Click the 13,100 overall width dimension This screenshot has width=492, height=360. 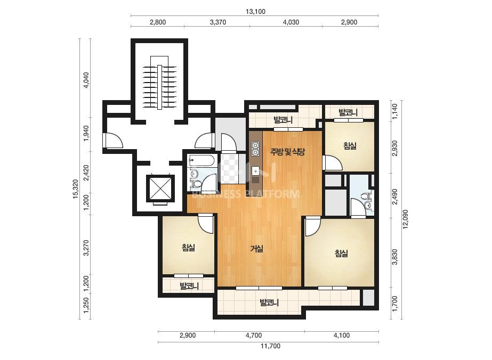pos(255,12)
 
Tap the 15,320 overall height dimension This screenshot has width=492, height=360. pos(75,189)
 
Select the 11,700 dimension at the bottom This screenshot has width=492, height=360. pos(270,346)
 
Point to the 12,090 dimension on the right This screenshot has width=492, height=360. pos(406,219)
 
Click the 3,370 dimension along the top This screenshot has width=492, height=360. pos(218,22)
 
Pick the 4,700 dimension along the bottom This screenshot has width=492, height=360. pos(254,335)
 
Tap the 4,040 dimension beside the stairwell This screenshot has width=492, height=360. pos(85,80)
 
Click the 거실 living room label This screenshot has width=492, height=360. pos(257,249)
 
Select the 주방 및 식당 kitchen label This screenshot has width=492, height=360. pos(287,152)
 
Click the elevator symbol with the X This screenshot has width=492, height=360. pos(160,188)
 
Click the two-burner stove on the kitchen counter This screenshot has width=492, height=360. pos(255,149)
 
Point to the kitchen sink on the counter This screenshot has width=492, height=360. pos(255,171)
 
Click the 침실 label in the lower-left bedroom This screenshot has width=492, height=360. pos(188,248)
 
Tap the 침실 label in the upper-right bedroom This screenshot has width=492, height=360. pos(350,146)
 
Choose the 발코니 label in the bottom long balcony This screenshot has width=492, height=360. pos(269,302)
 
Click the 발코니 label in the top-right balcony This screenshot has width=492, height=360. pos(348,112)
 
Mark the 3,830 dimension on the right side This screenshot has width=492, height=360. pos(395,257)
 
